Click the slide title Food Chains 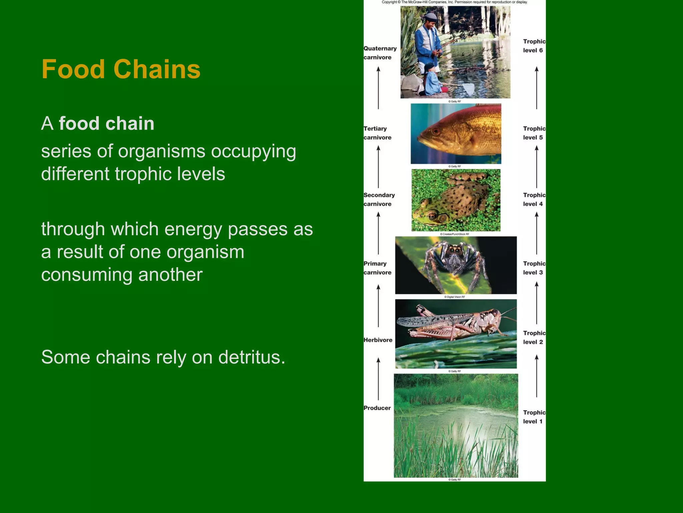(121, 69)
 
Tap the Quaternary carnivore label (380, 53)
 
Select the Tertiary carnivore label (377, 133)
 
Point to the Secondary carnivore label (379, 199)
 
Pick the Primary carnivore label (377, 268)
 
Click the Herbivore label (378, 340)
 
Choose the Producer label (377, 408)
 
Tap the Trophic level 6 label (534, 46)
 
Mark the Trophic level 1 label (534, 417)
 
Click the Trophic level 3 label (534, 268)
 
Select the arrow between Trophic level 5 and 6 (537, 88)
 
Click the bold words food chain (106, 123)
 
